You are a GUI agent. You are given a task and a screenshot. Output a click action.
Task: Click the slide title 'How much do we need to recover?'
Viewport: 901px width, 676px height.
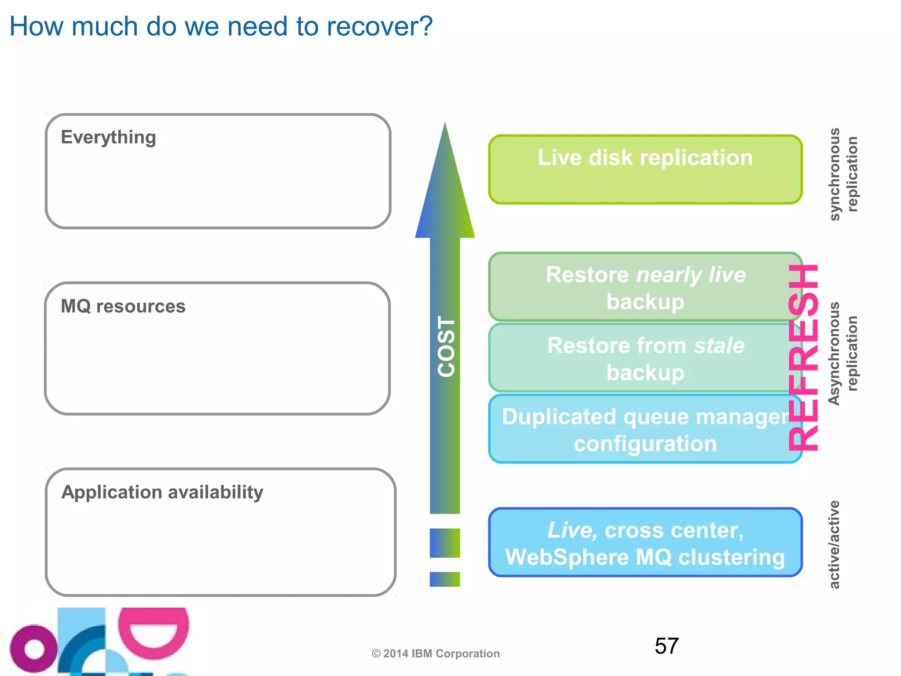click(221, 26)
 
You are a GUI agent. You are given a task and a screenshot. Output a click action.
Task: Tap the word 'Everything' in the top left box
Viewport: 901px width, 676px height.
click(108, 137)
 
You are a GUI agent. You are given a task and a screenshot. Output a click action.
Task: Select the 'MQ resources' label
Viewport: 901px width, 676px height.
click(123, 306)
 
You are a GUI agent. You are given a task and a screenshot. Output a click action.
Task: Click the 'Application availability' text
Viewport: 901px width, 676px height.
click(162, 492)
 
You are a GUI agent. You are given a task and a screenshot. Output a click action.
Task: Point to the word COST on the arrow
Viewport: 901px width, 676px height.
click(446, 347)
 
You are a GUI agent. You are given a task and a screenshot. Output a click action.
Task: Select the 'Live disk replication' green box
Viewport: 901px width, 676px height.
click(645, 169)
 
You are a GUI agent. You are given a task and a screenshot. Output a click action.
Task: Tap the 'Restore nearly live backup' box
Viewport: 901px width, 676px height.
click(645, 287)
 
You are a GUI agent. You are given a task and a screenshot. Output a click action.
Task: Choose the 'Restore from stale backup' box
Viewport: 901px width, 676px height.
click(645, 358)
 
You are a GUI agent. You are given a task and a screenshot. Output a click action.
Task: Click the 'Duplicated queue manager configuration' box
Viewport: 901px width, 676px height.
click(645, 430)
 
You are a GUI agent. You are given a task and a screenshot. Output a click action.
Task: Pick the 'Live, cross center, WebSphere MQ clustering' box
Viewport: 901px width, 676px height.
click(645, 543)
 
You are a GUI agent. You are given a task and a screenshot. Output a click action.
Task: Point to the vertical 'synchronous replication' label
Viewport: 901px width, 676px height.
click(843, 174)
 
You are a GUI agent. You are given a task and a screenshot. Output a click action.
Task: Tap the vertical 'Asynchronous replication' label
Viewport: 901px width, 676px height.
click(843, 353)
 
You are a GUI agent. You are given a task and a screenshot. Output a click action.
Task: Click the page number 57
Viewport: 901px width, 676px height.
click(667, 646)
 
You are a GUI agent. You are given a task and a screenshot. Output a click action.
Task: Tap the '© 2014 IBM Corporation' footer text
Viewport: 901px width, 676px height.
click(436, 654)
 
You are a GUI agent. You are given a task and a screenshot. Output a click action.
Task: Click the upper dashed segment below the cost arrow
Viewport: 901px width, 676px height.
click(445, 543)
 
